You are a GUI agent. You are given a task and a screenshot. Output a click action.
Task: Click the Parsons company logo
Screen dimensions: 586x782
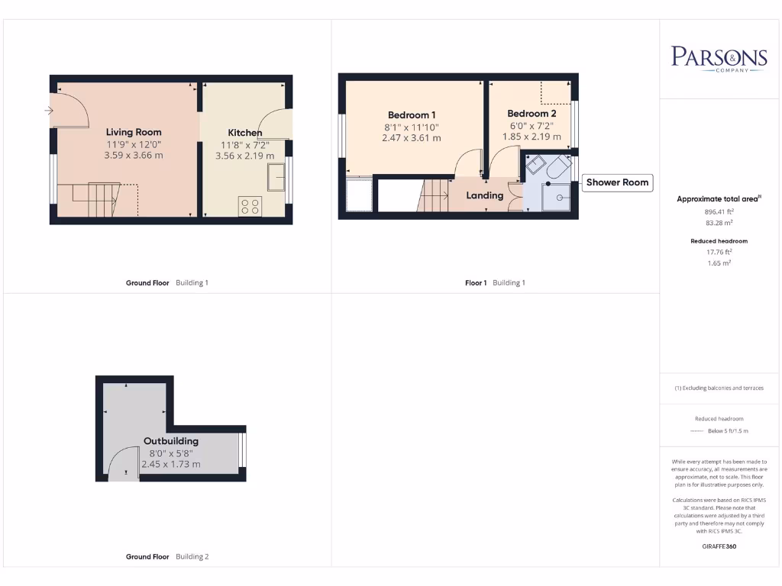point(719,59)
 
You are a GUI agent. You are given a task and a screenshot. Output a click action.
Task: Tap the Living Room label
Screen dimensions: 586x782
point(134,132)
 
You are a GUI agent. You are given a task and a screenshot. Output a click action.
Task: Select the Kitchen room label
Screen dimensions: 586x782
point(244,133)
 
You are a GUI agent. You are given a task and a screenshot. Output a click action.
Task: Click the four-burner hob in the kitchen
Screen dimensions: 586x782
point(250,206)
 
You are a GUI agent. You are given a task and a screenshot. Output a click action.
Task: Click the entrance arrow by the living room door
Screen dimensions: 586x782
point(49,111)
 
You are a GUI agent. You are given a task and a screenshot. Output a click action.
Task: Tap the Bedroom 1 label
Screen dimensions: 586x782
point(412,115)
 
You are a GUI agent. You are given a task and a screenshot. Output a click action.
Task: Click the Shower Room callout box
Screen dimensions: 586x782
point(617,182)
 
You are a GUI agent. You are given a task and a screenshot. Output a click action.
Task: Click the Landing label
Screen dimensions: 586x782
point(485,195)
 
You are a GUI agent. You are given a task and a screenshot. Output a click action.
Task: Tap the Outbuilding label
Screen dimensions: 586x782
point(171,441)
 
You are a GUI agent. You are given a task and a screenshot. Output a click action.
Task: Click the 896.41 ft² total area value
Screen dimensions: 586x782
point(718,211)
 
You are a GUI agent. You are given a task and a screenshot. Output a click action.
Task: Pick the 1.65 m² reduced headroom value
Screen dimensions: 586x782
point(718,262)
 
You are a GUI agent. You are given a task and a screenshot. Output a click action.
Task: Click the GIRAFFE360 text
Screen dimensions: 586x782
point(719,546)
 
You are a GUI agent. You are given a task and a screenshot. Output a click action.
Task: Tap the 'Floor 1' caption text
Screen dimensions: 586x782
point(476,283)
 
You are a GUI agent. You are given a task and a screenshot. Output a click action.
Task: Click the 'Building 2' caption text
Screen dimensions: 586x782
point(192,557)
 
